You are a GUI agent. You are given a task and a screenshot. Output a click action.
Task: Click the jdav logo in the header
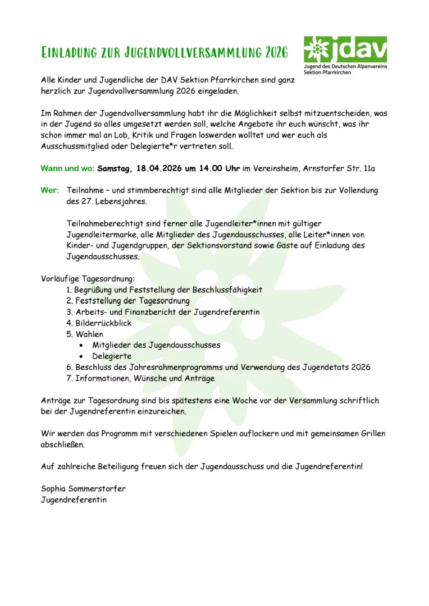[x=345, y=55]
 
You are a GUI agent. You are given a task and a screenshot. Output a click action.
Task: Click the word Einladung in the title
[x=69, y=53]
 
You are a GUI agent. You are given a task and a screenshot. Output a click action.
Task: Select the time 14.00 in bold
[x=211, y=168]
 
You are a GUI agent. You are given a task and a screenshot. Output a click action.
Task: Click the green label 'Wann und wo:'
[x=67, y=168]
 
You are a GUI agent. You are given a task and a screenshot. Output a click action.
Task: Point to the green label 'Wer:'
[x=49, y=190]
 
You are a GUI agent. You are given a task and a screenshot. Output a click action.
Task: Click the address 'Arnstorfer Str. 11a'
[x=339, y=168]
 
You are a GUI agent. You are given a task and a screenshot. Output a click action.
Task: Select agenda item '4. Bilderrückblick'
[x=99, y=323]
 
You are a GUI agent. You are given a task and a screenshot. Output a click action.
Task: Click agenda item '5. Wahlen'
[x=85, y=334]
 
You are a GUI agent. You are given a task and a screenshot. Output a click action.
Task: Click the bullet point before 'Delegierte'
[x=82, y=356]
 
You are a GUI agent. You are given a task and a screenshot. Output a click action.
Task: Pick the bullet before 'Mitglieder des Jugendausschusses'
[x=82, y=345]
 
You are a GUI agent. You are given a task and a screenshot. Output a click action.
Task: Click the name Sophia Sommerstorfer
[x=83, y=489]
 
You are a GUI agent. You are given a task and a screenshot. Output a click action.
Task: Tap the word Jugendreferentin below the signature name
[x=74, y=499]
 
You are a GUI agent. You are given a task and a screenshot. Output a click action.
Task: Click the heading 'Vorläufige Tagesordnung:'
[x=88, y=279]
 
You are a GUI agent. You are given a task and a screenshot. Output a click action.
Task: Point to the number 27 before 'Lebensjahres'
[x=80, y=201]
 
